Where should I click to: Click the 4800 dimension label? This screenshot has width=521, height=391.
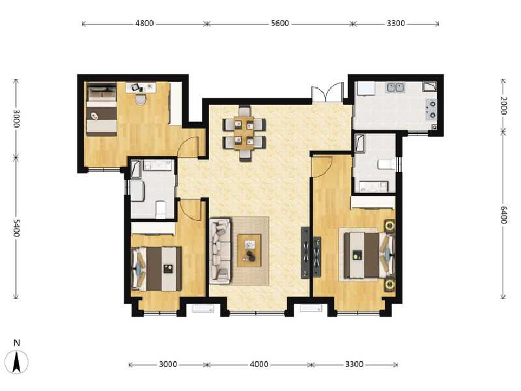(x=144, y=23)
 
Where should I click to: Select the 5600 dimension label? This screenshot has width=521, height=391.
(x=279, y=23)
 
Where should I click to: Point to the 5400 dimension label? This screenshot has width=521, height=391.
(x=16, y=228)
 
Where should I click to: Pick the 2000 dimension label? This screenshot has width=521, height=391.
(x=503, y=106)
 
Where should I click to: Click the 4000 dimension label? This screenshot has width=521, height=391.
(x=259, y=364)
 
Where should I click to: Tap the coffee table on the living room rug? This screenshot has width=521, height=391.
(x=249, y=250)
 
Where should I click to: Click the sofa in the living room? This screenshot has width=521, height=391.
(x=220, y=251)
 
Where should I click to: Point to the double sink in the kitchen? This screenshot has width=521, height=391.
(x=395, y=87)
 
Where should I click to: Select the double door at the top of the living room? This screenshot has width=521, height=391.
(x=328, y=93)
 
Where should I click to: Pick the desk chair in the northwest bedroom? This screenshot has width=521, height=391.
(x=140, y=98)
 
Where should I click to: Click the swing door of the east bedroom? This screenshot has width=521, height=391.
(x=320, y=167)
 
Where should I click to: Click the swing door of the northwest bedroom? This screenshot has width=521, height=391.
(x=189, y=148)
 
